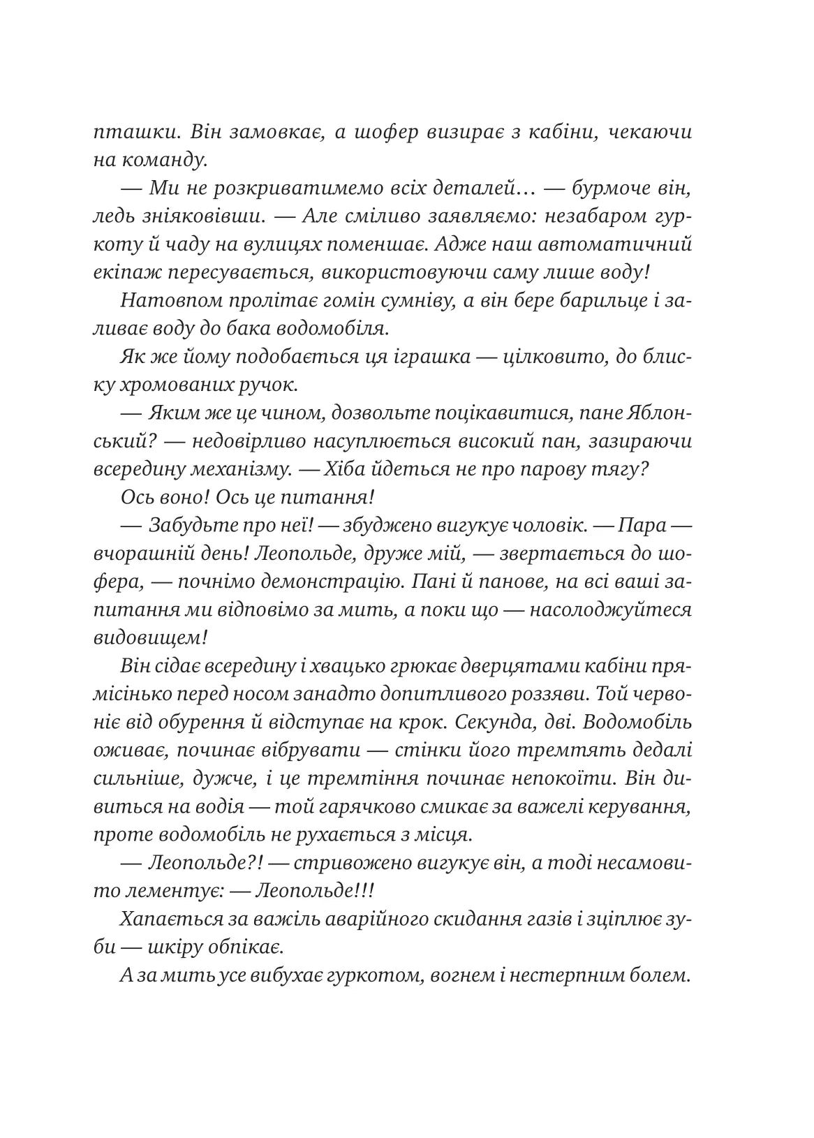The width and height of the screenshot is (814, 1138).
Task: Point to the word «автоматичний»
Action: (628, 244)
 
